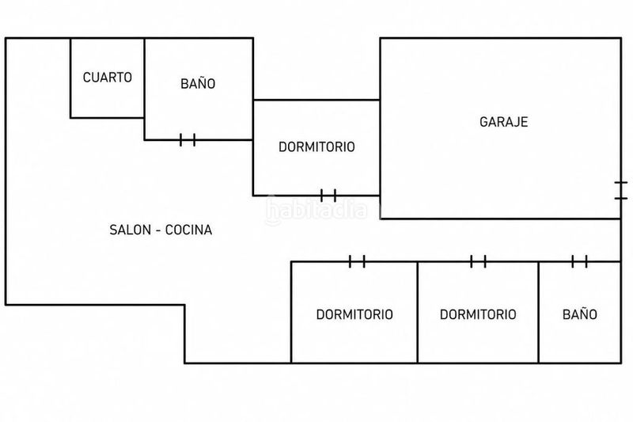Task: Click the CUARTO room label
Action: coord(108,77)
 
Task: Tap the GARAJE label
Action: coord(504,122)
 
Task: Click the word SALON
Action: coord(130,230)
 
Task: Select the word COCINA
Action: coord(188,230)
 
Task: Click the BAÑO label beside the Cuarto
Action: coord(198,84)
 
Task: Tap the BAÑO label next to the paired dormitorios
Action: coord(580,314)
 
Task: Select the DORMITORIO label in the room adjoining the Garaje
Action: coord(317,146)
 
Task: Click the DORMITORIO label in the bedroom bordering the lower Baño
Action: coord(478,314)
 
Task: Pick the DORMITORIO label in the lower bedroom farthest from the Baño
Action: coord(354,314)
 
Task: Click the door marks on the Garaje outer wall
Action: coord(621,191)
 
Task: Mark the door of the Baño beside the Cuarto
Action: coord(188,139)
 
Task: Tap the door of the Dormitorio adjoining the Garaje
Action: coord(328,196)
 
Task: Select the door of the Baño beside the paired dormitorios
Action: coord(579,261)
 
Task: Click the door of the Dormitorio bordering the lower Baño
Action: coord(478,261)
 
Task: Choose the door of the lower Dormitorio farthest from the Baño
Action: coord(357,261)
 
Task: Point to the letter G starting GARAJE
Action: coord(483,122)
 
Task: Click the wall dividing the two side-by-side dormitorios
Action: coord(418,313)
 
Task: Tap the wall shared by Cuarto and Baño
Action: coord(144,78)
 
